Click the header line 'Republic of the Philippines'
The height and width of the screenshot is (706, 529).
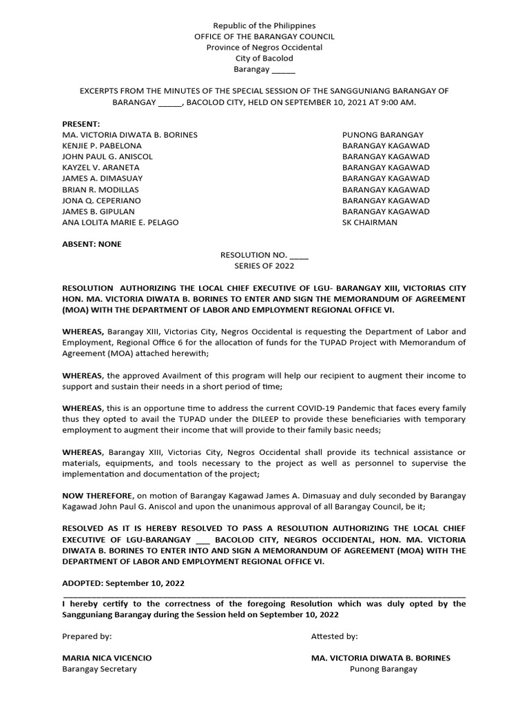click(x=264, y=26)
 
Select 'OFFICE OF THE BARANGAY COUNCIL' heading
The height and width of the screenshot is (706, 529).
click(x=264, y=37)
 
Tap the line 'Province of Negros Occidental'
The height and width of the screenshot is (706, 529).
click(x=264, y=48)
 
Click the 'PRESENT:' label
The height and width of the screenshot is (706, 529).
click(x=81, y=123)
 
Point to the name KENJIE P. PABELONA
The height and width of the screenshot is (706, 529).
click(x=102, y=145)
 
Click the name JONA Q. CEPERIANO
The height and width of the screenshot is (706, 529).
click(x=102, y=201)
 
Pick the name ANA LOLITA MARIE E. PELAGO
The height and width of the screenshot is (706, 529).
click(x=121, y=223)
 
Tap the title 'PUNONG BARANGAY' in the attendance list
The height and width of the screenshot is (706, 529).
click(x=383, y=134)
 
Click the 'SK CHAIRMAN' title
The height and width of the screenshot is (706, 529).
click(x=370, y=223)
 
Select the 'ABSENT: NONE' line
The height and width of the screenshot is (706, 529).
click(x=92, y=244)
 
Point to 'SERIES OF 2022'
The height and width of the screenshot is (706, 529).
click(x=264, y=266)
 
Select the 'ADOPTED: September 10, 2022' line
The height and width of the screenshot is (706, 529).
click(x=123, y=583)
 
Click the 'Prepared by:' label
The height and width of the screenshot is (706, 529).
click(x=87, y=636)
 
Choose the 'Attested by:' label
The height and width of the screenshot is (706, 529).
click(x=334, y=636)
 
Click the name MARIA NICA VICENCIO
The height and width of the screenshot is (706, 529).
click(x=107, y=658)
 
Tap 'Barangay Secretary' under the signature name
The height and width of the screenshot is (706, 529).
click(x=100, y=669)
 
